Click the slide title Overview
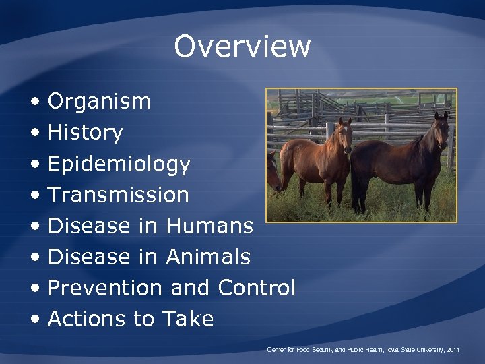(x=242, y=47)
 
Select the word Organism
(x=99, y=102)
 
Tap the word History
(x=85, y=133)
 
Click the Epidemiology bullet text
(x=119, y=164)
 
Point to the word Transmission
(x=119, y=195)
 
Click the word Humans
(x=209, y=226)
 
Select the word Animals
(x=208, y=257)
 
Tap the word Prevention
(x=105, y=288)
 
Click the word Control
(x=257, y=288)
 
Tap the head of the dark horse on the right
(x=441, y=131)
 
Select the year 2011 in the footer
(x=453, y=351)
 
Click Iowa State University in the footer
(x=413, y=351)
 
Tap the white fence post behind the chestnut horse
(x=329, y=131)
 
